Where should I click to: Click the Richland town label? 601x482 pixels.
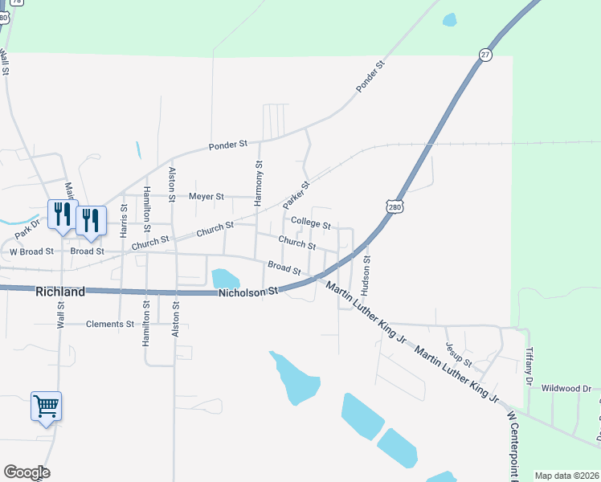60,292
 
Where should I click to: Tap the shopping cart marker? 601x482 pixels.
46,406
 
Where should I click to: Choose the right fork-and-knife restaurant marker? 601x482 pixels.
91,220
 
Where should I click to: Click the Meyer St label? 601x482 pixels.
206,196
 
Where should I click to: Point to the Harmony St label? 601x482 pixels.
259,184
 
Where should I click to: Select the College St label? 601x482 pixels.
311,223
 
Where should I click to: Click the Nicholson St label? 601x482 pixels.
248,292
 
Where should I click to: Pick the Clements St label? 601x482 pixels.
110,325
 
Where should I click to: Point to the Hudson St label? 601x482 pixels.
366,272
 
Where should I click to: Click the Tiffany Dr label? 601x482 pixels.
529,366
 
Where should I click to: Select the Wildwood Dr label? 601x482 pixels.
566,388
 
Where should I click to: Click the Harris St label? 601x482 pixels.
124,219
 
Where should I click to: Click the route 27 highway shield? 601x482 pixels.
484,54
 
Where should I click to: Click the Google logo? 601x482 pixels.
27,472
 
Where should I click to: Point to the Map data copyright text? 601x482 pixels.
567,476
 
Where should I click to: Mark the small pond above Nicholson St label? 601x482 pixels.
225,279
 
